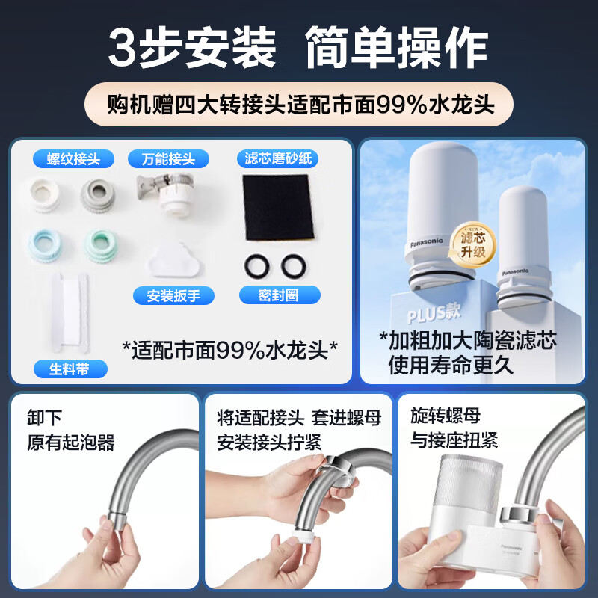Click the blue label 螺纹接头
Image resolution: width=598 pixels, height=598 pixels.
click(x=73, y=158)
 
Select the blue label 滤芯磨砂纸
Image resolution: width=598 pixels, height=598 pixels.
click(x=277, y=158)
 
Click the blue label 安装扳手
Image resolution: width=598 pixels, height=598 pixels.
click(x=173, y=295)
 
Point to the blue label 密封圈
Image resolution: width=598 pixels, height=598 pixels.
click(x=278, y=295)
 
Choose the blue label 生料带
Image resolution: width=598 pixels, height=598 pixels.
click(x=71, y=369)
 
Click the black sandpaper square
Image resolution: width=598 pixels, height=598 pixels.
click(x=276, y=207)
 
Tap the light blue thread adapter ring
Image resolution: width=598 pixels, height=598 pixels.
click(x=45, y=244)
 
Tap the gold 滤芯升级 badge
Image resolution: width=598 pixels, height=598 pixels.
click(x=472, y=243)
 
